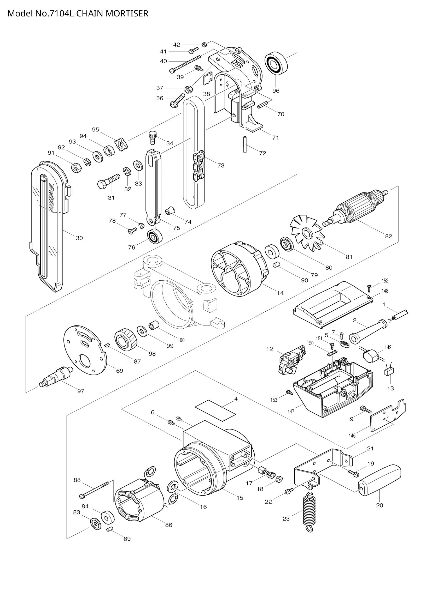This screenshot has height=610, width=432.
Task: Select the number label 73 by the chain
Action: [221, 166]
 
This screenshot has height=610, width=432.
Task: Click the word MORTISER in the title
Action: [127, 13]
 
